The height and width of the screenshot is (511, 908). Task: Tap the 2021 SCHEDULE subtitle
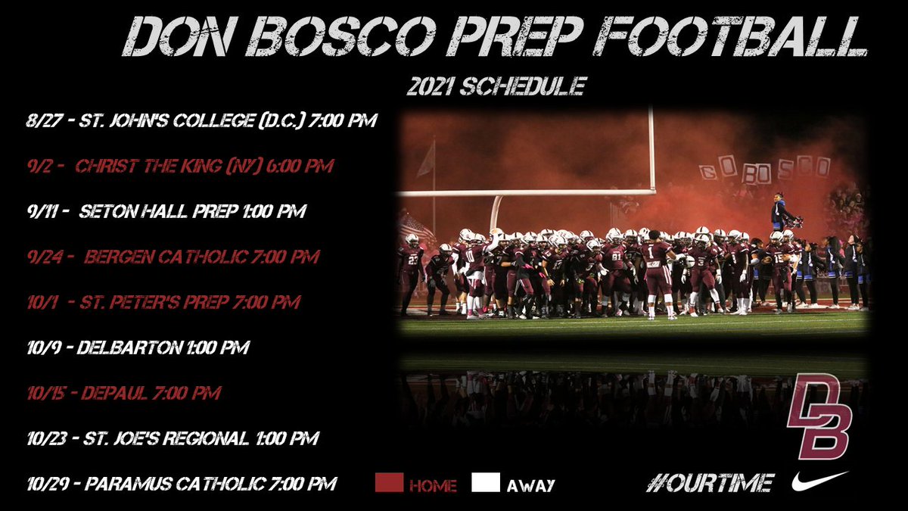point(496,86)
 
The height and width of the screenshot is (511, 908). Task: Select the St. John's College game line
point(200,120)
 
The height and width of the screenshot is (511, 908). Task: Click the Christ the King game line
point(179,166)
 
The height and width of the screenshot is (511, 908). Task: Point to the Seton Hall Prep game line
point(164,211)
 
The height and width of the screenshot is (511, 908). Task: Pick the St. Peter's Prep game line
point(163,302)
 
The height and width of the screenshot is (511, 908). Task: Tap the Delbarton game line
point(137,347)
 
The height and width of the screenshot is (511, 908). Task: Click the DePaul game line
point(123,393)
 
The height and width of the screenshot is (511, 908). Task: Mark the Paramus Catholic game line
point(180,484)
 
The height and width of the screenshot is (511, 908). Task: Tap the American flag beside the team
point(417,228)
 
